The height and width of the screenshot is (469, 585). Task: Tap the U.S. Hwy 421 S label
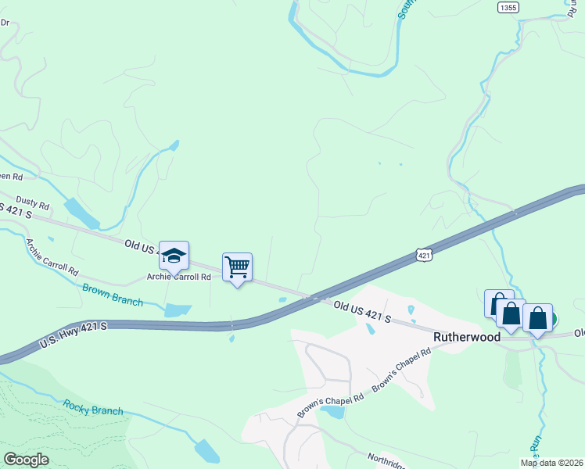[x=72, y=331]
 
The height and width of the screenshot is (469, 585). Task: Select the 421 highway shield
[x=424, y=255]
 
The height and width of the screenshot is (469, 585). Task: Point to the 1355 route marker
[x=508, y=7]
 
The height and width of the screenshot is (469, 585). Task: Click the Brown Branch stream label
[x=113, y=294]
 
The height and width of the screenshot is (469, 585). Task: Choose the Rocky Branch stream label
[x=93, y=407]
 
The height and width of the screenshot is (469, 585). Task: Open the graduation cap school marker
[x=174, y=256]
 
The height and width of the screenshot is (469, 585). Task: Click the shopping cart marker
[x=237, y=267]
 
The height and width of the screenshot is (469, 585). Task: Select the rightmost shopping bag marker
[x=537, y=317]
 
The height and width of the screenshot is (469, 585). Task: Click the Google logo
[x=26, y=460]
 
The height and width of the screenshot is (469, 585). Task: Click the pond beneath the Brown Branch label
[x=178, y=310]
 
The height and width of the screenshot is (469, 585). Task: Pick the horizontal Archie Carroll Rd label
[x=180, y=277]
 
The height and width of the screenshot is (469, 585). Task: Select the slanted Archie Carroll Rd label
[x=52, y=258]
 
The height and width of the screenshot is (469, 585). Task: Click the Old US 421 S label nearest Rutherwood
[x=362, y=311]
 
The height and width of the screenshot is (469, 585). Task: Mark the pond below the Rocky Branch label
[x=206, y=451]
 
